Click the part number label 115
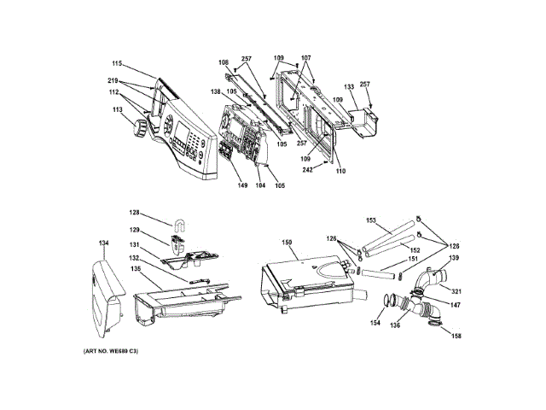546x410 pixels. pos(116,63)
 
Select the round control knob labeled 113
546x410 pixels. pos(136,129)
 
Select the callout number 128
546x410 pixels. pos(135,213)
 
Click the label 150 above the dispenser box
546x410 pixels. pos(288,243)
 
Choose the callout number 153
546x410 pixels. pos(372,220)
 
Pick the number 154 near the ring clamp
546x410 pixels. pos(374,324)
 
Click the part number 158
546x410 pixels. pos(456,336)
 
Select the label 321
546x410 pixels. pos(456,290)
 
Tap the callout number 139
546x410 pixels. pos(455,258)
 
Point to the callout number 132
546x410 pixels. pos(134,257)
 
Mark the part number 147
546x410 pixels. pos(456,304)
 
